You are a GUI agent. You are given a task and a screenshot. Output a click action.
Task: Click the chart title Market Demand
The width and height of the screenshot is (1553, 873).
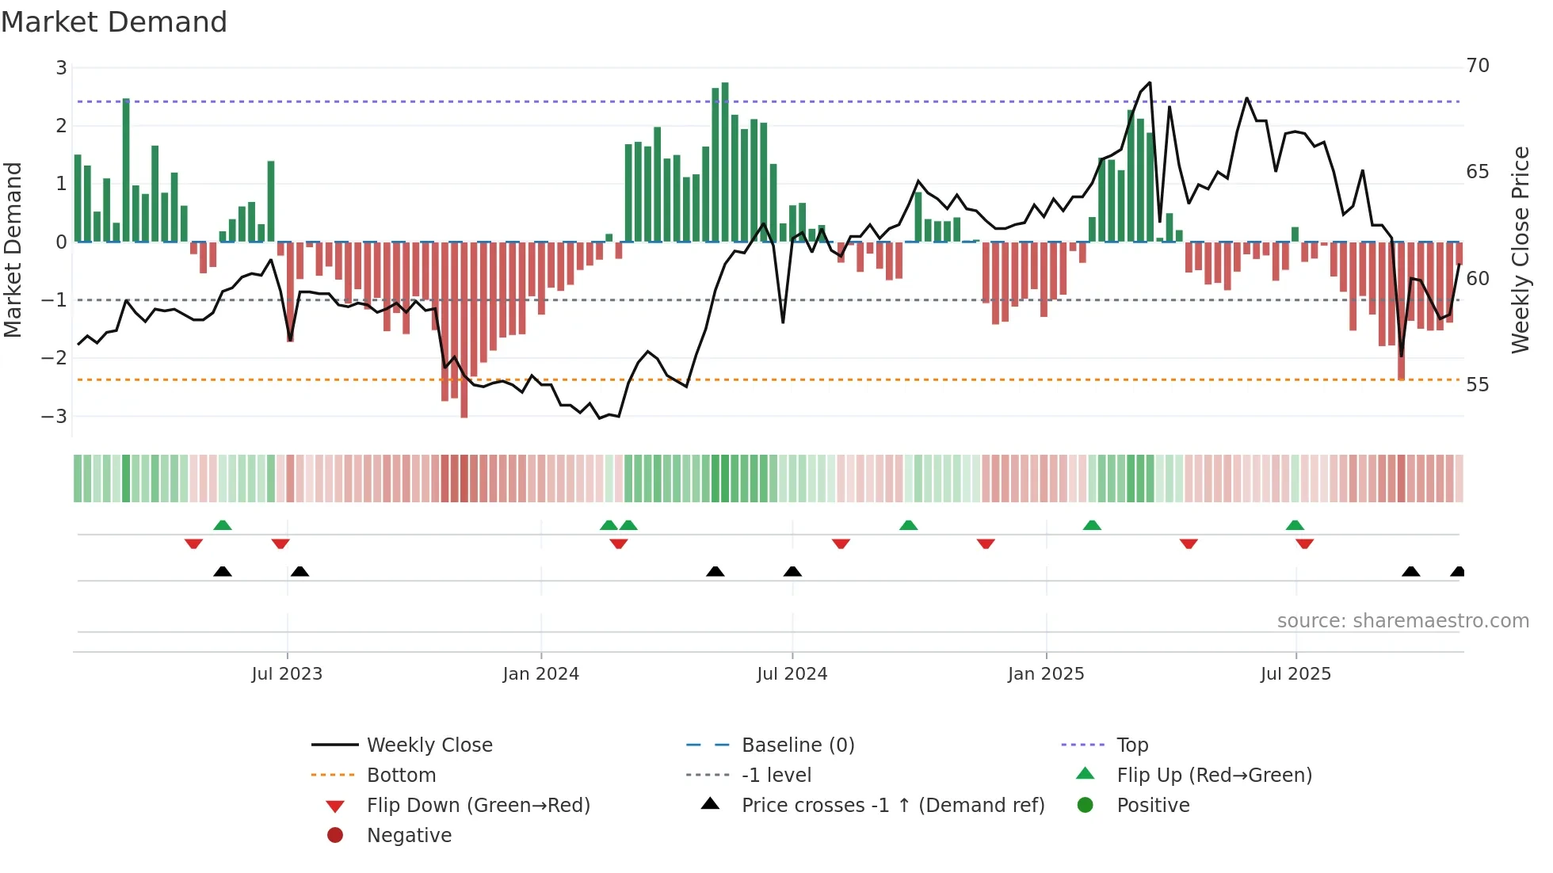(114, 22)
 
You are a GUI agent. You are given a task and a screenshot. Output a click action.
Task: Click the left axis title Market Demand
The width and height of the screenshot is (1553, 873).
(13, 250)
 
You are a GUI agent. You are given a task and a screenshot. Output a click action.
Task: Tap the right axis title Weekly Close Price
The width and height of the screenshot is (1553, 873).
(1520, 250)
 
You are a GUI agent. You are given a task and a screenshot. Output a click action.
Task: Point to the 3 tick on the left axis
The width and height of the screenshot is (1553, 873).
(61, 68)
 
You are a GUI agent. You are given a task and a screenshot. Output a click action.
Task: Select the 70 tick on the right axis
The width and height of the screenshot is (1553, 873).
(1478, 66)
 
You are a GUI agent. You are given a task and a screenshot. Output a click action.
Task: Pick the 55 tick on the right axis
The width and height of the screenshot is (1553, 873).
(1478, 385)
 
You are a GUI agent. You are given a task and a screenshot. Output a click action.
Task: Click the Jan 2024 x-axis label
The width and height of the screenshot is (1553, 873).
(540, 674)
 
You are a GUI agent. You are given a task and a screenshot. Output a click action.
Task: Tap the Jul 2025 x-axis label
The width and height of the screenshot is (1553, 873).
(1295, 674)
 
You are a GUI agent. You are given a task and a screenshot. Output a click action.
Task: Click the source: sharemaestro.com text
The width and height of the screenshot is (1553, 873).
(1402, 621)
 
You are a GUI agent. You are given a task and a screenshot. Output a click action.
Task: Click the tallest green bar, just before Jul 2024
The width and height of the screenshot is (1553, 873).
(725, 162)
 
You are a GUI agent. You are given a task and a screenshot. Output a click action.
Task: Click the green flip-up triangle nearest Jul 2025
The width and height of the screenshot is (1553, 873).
(1295, 525)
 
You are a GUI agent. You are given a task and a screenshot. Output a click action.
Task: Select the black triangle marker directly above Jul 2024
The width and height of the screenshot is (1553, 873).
(792, 571)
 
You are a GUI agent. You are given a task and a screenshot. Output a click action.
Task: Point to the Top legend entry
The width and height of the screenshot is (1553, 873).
(1131, 745)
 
